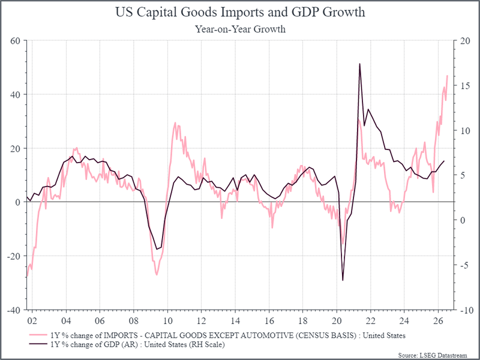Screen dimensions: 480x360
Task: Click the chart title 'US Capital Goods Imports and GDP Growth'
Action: click(240, 13)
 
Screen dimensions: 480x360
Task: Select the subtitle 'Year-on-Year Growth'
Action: click(241, 29)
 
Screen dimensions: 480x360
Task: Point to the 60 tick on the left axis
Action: click(16, 40)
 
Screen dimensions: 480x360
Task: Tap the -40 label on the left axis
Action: click(13, 310)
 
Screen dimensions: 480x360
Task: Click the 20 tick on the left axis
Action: click(16, 148)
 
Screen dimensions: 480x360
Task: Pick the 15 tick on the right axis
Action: click(464, 85)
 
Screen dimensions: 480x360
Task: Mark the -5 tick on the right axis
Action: click(464, 265)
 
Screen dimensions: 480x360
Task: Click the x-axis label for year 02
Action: click(32, 321)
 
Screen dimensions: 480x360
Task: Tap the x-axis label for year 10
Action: click(167, 321)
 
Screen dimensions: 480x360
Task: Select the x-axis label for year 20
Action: click(337, 321)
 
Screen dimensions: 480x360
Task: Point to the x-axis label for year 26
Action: click(439, 321)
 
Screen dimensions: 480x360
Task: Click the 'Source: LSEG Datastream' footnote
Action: click(433, 355)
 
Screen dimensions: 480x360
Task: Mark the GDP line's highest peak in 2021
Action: click(359, 64)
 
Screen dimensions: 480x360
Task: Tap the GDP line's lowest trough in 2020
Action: click(343, 280)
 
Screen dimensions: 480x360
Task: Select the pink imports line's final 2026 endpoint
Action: click(448, 76)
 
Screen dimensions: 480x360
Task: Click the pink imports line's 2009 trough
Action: click(157, 275)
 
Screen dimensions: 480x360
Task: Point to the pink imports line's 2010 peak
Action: click(175, 123)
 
